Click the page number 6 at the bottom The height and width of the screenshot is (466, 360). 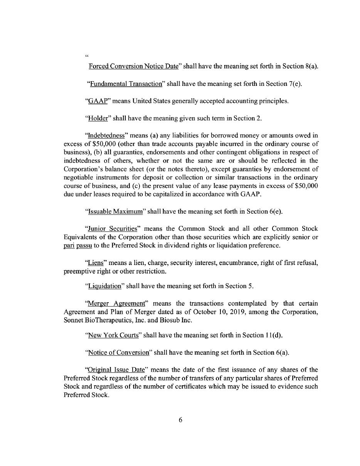pyautogui.click(x=180, y=420)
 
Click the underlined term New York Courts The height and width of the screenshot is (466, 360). pyautogui.click(x=113, y=335)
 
